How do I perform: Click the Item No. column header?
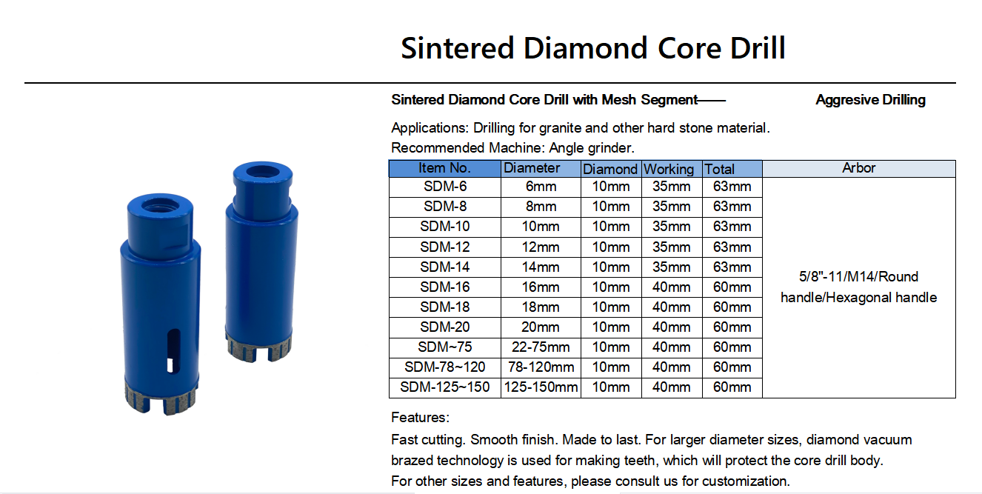pos(444,169)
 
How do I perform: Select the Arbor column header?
pos(859,169)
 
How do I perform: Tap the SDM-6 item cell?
pos(445,187)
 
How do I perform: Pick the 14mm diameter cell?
pos(541,267)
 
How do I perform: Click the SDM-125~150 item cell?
pos(445,387)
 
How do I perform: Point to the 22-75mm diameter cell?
pos(541,347)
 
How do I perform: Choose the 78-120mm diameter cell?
pos(541,367)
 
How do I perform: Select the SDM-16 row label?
pos(445,287)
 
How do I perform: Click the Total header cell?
pos(732,169)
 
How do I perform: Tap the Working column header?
pos(672,169)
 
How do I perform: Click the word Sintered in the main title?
pos(457,48)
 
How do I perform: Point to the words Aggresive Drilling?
pos(870,101)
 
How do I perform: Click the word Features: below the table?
pos(420,417)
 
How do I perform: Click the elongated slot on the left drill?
pos(173,351)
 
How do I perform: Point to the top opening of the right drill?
pos(263,171)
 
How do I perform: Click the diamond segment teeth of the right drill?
pos(259,348)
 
